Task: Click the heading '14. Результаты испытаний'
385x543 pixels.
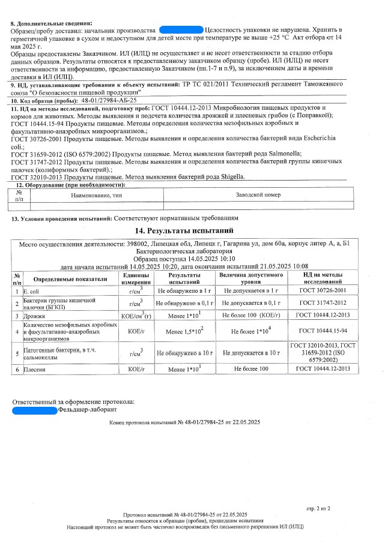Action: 184,230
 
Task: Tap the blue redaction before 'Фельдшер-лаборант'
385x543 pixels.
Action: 35,410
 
